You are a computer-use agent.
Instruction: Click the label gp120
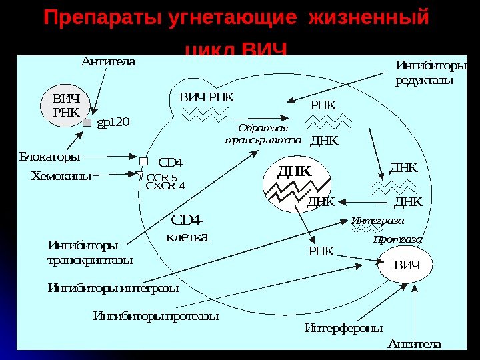click(x=113, y=123)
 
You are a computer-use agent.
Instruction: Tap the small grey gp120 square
click(x=87, y=123)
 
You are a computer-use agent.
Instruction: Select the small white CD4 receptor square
click(x=143, y=161)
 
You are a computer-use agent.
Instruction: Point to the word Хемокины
click(x=61, y=176)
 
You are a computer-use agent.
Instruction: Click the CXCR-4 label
click(x=165, y=186)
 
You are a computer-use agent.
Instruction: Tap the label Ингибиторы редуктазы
click(x=430, y=73)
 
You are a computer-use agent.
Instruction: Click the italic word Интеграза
click(x=377, y=221)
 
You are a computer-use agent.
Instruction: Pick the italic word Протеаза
click(x=397, y=239)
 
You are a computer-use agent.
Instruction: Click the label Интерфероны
click(x=343, y=328)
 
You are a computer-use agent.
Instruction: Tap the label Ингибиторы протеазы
click(x=156, y=315)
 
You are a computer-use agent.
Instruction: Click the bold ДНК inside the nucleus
click(x=294, y=171)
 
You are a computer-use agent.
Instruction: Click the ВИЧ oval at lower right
click(x=407, y=265)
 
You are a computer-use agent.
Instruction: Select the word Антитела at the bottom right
click(x=414, y=344)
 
